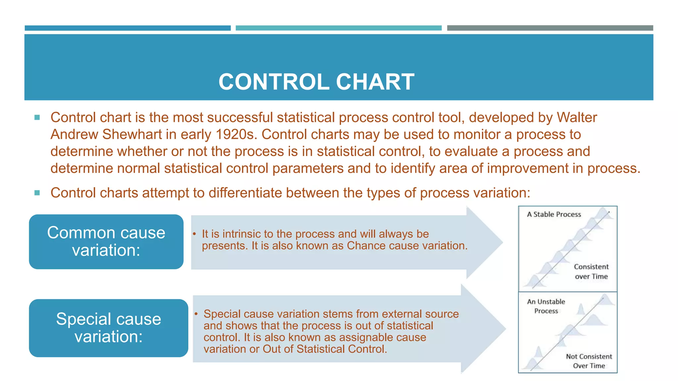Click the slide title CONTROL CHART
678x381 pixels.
[316, 82]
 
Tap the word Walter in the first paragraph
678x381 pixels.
[577, 118]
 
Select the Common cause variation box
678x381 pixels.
[106, 242]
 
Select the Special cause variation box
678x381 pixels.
[108, 328]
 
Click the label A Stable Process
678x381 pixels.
[554, 214]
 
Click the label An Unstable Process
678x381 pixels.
[546, 306]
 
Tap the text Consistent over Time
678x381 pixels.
[591, 272]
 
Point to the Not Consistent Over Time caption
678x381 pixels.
[589, 361]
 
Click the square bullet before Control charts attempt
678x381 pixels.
[37, 193]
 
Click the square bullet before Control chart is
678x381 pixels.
[37, 117]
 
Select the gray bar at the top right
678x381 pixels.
[550, 28]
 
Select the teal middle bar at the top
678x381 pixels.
[338, 28]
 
